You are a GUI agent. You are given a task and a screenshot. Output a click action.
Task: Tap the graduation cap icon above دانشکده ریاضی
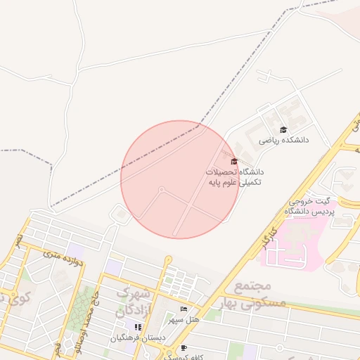283,129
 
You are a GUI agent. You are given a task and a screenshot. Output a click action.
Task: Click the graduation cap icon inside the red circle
234,162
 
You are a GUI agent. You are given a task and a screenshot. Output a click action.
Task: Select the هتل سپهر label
184,320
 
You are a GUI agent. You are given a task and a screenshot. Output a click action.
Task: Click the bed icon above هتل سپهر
184,309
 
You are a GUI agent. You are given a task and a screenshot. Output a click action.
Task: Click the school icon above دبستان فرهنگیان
139,327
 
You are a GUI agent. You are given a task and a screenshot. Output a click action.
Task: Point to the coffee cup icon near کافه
184,348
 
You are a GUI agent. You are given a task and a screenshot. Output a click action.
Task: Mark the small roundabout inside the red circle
162,189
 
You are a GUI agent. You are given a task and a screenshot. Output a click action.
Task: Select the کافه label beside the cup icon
204,356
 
